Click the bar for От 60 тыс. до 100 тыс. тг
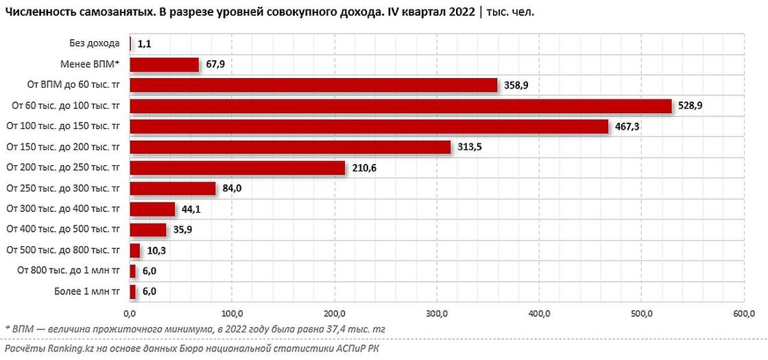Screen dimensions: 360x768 tap(400, 106)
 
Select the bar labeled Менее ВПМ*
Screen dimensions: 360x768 tap(164, 64)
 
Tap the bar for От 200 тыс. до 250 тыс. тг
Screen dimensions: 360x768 tap(237, 167)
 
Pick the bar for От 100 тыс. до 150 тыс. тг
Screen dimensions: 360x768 tap(369, 126)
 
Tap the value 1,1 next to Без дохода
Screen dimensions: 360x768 tap(144, 44)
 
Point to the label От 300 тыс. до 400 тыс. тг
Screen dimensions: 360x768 tap(63, 208)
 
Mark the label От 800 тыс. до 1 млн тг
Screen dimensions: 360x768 tap(69, 270)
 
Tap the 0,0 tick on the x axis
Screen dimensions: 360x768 tap(130, 313)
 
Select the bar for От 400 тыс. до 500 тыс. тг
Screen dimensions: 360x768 tap(147, 229)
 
